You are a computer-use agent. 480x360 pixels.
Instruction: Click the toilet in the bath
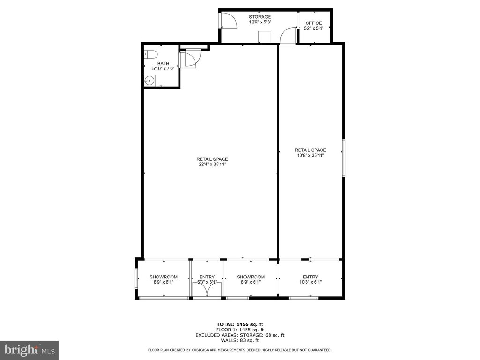[150, 54]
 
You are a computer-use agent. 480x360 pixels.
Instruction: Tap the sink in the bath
[150, 81]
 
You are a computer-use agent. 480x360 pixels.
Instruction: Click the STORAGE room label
[260, 17]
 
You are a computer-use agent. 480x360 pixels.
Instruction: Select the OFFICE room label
[314, 23]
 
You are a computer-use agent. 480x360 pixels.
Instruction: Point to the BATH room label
[164, 64]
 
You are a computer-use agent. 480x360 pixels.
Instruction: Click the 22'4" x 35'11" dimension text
[212, 165]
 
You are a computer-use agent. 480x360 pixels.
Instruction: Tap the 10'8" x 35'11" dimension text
[310, 155]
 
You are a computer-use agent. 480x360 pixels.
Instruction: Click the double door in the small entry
[207, 289]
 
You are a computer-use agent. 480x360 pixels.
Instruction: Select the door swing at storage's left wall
[228, 21]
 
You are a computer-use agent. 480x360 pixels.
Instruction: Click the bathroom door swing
[190, 58]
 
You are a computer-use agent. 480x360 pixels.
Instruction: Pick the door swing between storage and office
[288, 35]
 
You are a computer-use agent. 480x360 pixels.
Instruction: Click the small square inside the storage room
[264, 37]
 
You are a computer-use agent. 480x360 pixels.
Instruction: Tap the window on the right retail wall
[344, 158]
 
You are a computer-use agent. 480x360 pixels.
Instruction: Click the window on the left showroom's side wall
[136, 278]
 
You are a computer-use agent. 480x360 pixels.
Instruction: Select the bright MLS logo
[30, 350]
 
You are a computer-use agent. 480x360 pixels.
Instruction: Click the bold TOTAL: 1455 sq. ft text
[240, 324]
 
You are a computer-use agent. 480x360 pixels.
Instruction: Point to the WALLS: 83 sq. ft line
[240, 340]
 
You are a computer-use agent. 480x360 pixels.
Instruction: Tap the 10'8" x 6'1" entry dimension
[310, 282]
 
